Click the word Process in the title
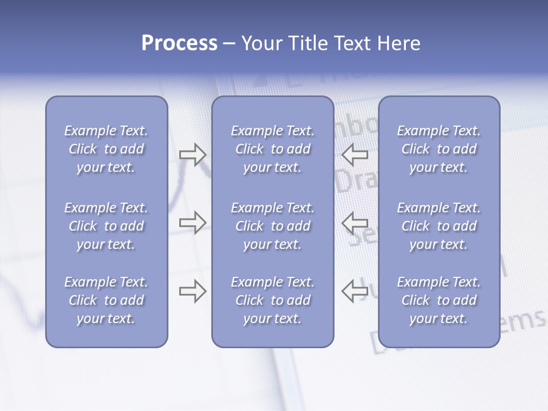(179, 43)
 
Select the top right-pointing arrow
(192, 155)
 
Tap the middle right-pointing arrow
(192, 223)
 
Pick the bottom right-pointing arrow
(192, 291)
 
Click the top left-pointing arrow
(354, 155)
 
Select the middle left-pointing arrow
(354, 223)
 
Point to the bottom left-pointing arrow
(354, 291)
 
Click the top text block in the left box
(106, 149)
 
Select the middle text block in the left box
(106, 226)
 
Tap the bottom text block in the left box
(106, 300)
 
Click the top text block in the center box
(272, 149)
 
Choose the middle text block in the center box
(272, 226)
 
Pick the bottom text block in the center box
(272, 300)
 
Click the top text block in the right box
(438, 149)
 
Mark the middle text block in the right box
(438, 226)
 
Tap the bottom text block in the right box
(438, 300)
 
